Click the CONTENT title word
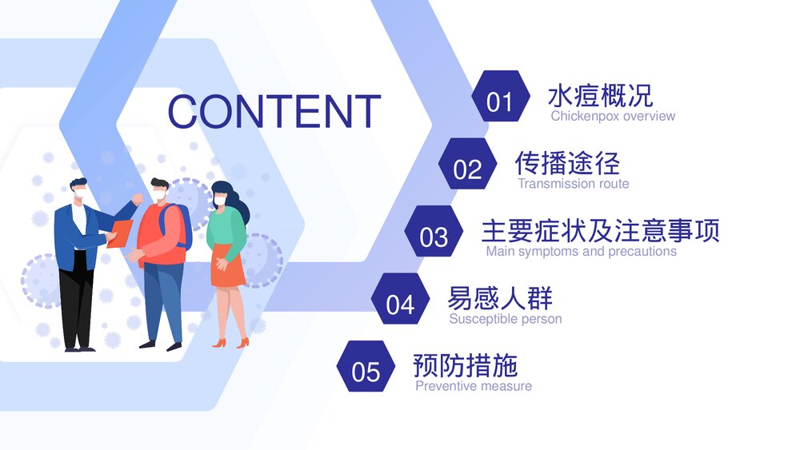(x=274, y=111)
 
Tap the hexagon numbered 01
(x=500, y=99)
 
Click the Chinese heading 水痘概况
(x=600, y=95)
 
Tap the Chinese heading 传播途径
(x=567, y=163)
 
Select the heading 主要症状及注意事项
(x=600, y=230)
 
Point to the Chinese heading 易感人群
(x=500, y=298)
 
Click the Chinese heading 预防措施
(x=466, y=365)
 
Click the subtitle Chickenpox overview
(x=613, y=116)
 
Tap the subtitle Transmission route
(x=573, y=184)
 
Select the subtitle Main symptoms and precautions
(x=581, y=251)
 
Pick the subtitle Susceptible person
(x=506, y=319)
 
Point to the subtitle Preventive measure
(x=474, y=386)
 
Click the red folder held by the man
(x=120, y=233)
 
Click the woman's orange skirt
(x=228, y=270)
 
